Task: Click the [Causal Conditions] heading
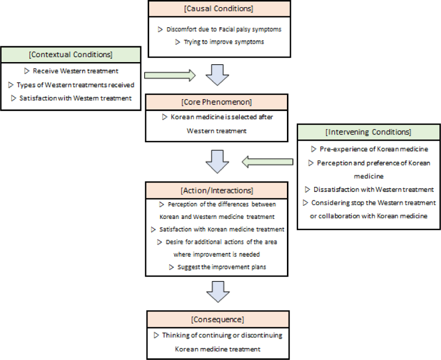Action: click(x=219, y=9)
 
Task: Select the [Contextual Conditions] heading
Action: click(x=71, y=54)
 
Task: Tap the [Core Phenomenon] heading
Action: click(x=217, y=102)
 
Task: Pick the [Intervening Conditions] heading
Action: click(x=369, y=132)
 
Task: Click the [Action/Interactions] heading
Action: click(x=217, y=191)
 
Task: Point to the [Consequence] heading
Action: click(x=218, y=320)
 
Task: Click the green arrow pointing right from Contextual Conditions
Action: click(x=170, y=75)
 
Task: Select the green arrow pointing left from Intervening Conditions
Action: click(x=267, y=162)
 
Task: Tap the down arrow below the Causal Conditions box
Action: click(x=217, y=75)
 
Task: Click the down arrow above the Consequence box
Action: click(x=218, y=292)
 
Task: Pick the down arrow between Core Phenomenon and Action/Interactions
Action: click(x=217, y=162)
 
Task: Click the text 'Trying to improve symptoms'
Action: click(x=224, y=42)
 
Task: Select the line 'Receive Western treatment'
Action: click(x=75, y=71)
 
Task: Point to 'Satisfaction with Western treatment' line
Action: click(x=75, y=98)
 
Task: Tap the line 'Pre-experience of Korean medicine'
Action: click(x=374, y=149)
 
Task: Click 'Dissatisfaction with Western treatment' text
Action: click(x=373, y=190)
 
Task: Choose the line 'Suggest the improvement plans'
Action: click(x=222, y=267)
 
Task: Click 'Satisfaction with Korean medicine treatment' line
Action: click(x=222, y=229)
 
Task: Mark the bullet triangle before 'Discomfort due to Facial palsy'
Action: click(x=160, y=29)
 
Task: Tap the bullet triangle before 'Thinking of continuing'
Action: click(x=156, y=335)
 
